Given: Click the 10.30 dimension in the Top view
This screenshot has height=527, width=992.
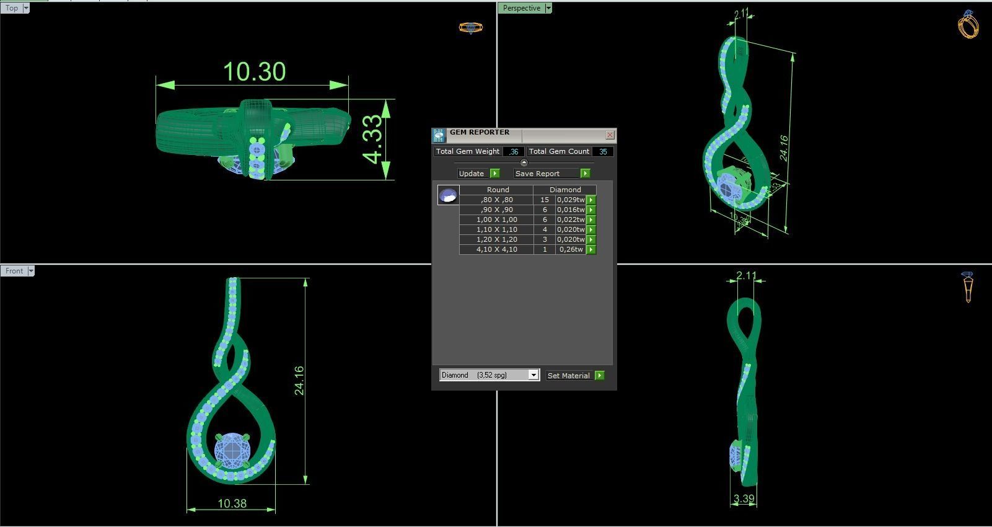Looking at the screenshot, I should pos(254,72).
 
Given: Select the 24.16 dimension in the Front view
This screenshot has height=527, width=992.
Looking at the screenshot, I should pos(299,380).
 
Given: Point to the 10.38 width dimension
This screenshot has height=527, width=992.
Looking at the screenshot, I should pos(232,503).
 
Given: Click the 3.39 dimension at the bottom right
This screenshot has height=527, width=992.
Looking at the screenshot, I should pos(744,498).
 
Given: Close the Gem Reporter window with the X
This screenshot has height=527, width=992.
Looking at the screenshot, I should pos(610,135).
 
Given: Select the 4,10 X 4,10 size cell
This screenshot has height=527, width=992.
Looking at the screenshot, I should pos(496,249).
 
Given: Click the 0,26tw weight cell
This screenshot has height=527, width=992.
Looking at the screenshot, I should pos(571,249).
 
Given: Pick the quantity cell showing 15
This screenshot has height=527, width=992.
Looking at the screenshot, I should pos(544,200).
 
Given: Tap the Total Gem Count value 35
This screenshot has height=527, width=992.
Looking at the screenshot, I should pos(602,151).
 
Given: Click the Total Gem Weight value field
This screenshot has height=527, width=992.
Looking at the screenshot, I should pos(514,151).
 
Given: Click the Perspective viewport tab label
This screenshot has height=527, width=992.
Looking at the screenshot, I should pos(521,8).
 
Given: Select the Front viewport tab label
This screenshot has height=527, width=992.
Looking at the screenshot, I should pos(14,271).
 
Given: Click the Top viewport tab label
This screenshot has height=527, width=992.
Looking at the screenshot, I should pos(12,8).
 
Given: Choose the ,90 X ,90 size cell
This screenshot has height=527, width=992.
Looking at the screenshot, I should pos(496,210).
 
